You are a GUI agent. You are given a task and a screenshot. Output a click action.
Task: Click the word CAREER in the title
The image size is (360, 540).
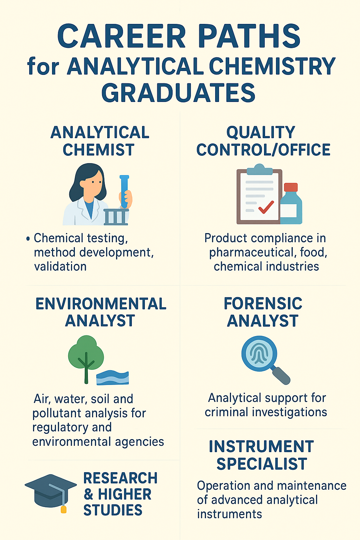click(x=122, y=36)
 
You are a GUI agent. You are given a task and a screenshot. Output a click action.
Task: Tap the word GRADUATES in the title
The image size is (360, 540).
click(x=178, y=93)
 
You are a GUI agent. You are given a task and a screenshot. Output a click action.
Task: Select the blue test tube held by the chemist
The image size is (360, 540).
click(x=124, y=191)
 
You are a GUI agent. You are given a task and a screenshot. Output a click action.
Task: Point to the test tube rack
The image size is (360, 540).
click(x=116, y=217)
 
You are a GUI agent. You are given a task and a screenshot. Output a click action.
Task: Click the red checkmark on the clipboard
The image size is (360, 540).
click(x=266, y=207)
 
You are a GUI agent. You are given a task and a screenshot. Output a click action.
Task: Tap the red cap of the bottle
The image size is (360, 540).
click(x=291, y=187)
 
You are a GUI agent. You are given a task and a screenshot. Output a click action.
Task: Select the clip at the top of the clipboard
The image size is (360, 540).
click(x=259, y=169)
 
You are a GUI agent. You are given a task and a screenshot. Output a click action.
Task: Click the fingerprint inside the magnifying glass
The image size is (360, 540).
click(x=259, y=353)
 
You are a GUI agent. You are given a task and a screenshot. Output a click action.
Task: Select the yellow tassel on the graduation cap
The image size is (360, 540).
click(x=64, y=509)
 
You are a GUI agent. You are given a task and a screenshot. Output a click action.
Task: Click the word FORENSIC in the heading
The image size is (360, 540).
click(x=263, y=303)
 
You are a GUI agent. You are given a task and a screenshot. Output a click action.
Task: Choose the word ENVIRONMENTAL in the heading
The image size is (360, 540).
click(x=101, y=304)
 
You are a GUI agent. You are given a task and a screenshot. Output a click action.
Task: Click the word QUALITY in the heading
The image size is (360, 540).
click(x=261, y=132)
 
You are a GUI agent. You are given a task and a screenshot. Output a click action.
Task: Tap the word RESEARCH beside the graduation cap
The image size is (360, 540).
click(x=120, y=478)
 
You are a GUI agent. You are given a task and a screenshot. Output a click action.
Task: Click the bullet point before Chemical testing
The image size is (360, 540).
click(x=28, y=239)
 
